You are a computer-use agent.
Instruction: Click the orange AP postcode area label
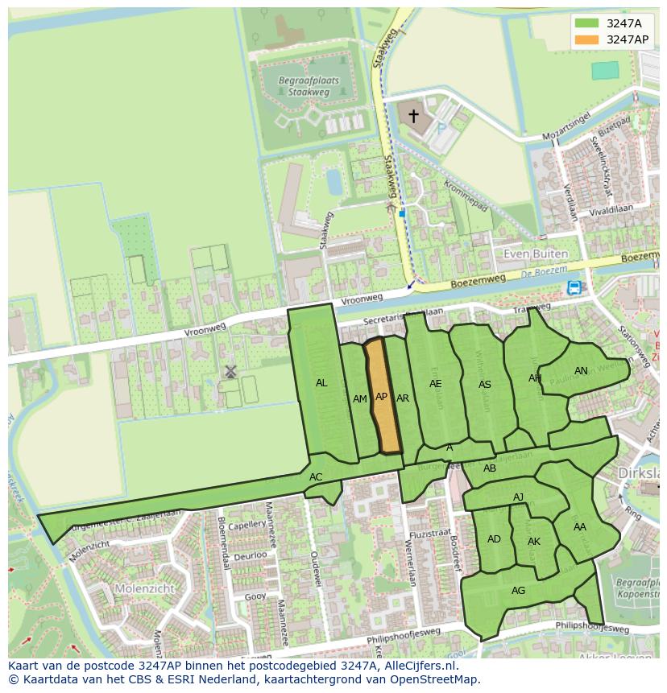(x=382, y=397)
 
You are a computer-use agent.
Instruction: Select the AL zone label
(x=321, y=383)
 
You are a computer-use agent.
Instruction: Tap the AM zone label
(x=360, y=399)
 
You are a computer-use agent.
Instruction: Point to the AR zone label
(x=403, y=398)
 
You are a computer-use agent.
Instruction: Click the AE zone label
(x=436, y=384)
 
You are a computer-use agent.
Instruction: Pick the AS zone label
(x=485, y=385)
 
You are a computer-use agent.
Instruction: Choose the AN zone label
(x=581, y=371)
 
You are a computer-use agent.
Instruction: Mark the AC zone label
(x=316, y=477)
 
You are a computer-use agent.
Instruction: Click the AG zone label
(x=518, y=591)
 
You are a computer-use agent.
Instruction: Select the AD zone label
(x=494, y=539)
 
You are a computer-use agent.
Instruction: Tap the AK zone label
(x=534, y=542)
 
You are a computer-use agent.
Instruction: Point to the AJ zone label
(x=519, y=497)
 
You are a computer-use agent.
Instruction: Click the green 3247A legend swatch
(x=586, y=23)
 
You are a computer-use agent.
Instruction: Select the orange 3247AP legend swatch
(x=586, y=39)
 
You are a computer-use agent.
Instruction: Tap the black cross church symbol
(x=413, y=117)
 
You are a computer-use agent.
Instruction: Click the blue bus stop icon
(x=574, y=287)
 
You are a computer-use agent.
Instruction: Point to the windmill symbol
(x=230, y=371)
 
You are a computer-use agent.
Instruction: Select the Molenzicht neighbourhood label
(x=145, y=588)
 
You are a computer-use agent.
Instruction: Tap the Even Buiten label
(x=535, y=254)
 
